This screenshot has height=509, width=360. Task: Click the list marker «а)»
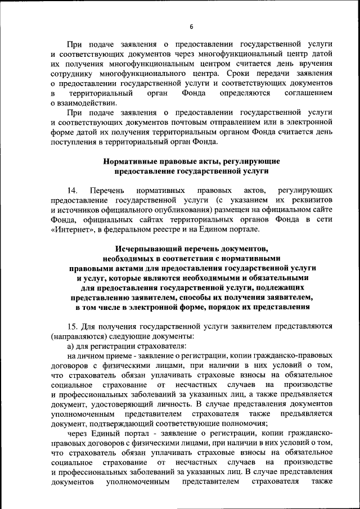point(71,346)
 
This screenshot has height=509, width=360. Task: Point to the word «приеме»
point(120,355)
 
